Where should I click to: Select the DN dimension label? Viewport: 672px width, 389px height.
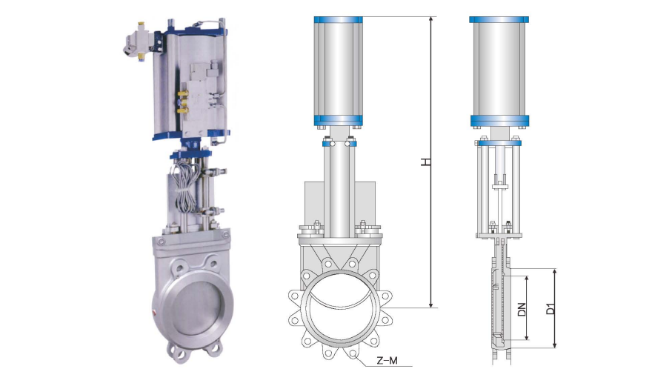[522, 308]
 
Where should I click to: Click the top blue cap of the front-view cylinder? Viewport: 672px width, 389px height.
[338, 19]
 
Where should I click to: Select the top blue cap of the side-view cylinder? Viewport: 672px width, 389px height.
[499, 19]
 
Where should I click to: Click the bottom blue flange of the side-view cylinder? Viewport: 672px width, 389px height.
[499, 121]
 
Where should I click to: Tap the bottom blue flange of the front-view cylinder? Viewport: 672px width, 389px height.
[338, 121]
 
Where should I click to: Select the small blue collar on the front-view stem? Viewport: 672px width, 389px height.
[338, 144]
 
